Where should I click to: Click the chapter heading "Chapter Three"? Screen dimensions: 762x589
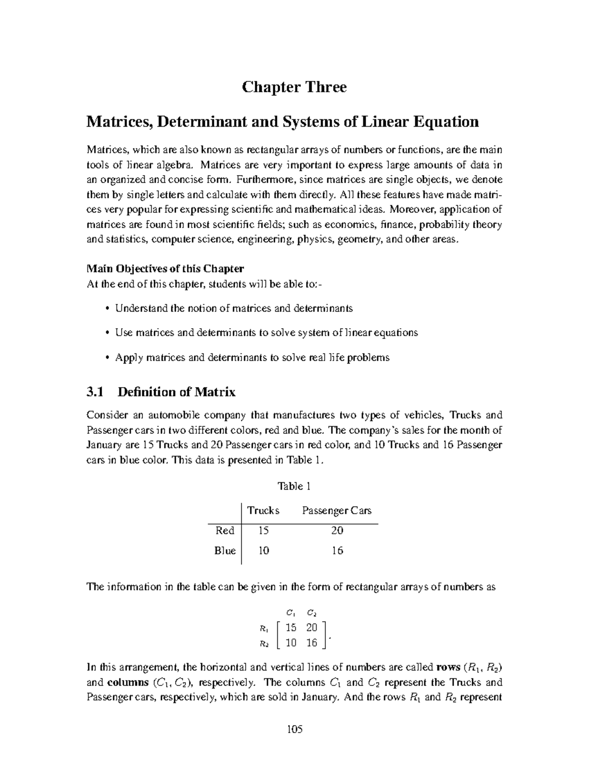click(x=294, y=87)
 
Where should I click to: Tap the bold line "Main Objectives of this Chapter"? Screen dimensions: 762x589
click(x=165, y=269)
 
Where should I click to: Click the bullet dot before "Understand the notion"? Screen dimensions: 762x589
click(x=107, y=309)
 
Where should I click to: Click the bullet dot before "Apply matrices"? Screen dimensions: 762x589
click(x=107, y=358)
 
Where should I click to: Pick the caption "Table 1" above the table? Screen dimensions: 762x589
click(x=294, y=486)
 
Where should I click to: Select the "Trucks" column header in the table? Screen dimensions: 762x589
click(x=263, y=511)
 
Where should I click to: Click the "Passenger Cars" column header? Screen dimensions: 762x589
click(x=337, y=511)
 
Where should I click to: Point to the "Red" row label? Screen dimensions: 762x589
click(x=225, y=530)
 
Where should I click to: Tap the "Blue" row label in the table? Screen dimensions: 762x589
click(x=225, y=551)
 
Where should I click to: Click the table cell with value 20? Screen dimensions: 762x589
click(x=337, y=530)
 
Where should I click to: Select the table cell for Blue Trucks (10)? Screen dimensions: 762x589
click(x=264, y=551)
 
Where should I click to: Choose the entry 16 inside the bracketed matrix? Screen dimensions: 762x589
click(x=312, y=643)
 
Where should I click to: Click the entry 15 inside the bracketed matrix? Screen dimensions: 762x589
click(x=291, y=628)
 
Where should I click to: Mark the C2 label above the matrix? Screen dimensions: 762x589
click(x=312, y=613)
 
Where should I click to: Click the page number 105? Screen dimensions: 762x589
click(x=294, y=729)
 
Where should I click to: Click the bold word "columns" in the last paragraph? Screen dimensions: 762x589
click(x=128, y=683)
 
